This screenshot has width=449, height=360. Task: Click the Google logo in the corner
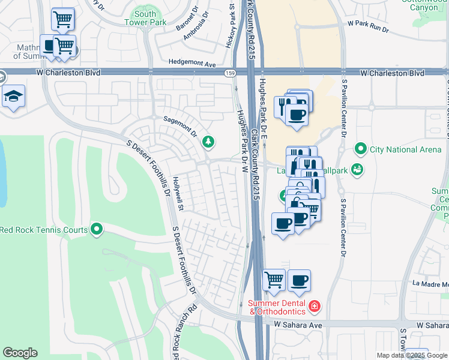tap(20, 353)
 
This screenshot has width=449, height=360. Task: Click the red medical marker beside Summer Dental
tap(314, 307)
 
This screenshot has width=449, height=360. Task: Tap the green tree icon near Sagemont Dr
tap(208, 142)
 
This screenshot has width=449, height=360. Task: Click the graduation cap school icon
tap(13, 96)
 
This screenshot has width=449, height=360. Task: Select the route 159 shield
tap(230, 73)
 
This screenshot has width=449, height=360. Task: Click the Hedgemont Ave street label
tap(192, 63)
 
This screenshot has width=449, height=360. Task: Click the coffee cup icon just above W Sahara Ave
tap(299, 280)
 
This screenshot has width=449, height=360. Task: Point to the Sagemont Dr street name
tap(181, 125)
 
